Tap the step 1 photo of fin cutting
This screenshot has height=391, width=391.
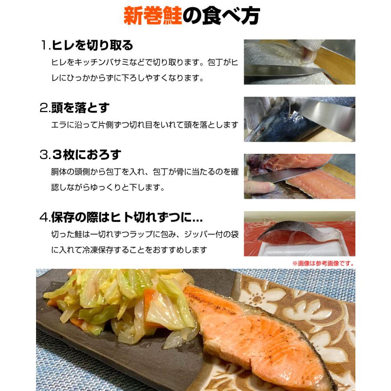299,62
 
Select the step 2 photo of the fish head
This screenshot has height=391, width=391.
299,119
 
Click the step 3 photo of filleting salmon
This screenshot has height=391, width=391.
299,176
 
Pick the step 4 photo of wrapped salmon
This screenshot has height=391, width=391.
299,234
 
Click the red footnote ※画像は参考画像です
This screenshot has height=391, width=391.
323,263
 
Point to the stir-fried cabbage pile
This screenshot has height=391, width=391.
126,304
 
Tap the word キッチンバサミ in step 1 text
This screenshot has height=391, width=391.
94,62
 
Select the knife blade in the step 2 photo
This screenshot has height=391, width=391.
321,111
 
